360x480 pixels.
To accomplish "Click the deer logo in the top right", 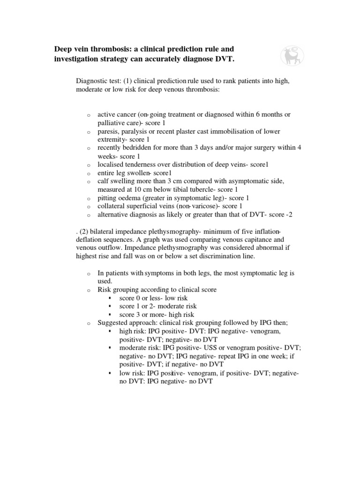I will pyautogui.click(x=292, y=55).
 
